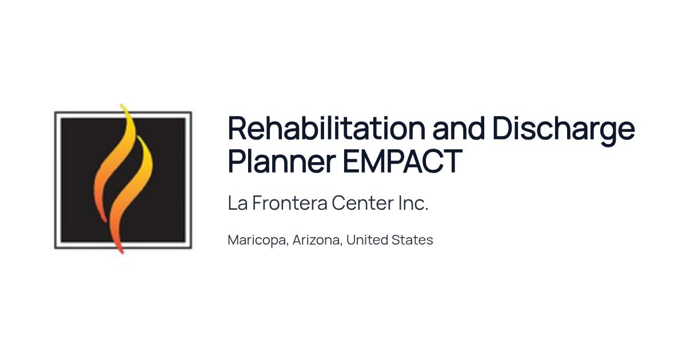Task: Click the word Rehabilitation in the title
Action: pos(327,128)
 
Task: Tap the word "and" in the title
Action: pos(458,128)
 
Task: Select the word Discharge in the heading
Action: pos(564,131)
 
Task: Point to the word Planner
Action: pos(282,161)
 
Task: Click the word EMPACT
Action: pos(402,161)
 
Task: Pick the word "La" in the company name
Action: pos(238,203)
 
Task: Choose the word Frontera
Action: pos(290,203)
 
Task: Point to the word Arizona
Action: pos(316,240)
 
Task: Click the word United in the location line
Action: pos(366,239)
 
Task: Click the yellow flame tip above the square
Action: pos(122,105)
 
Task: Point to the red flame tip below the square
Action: pos(122,253)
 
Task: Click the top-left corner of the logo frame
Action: pos(55,113)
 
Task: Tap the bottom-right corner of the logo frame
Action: pos(191,247)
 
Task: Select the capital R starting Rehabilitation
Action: pos(237,128)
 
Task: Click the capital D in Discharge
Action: pos(503,128)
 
